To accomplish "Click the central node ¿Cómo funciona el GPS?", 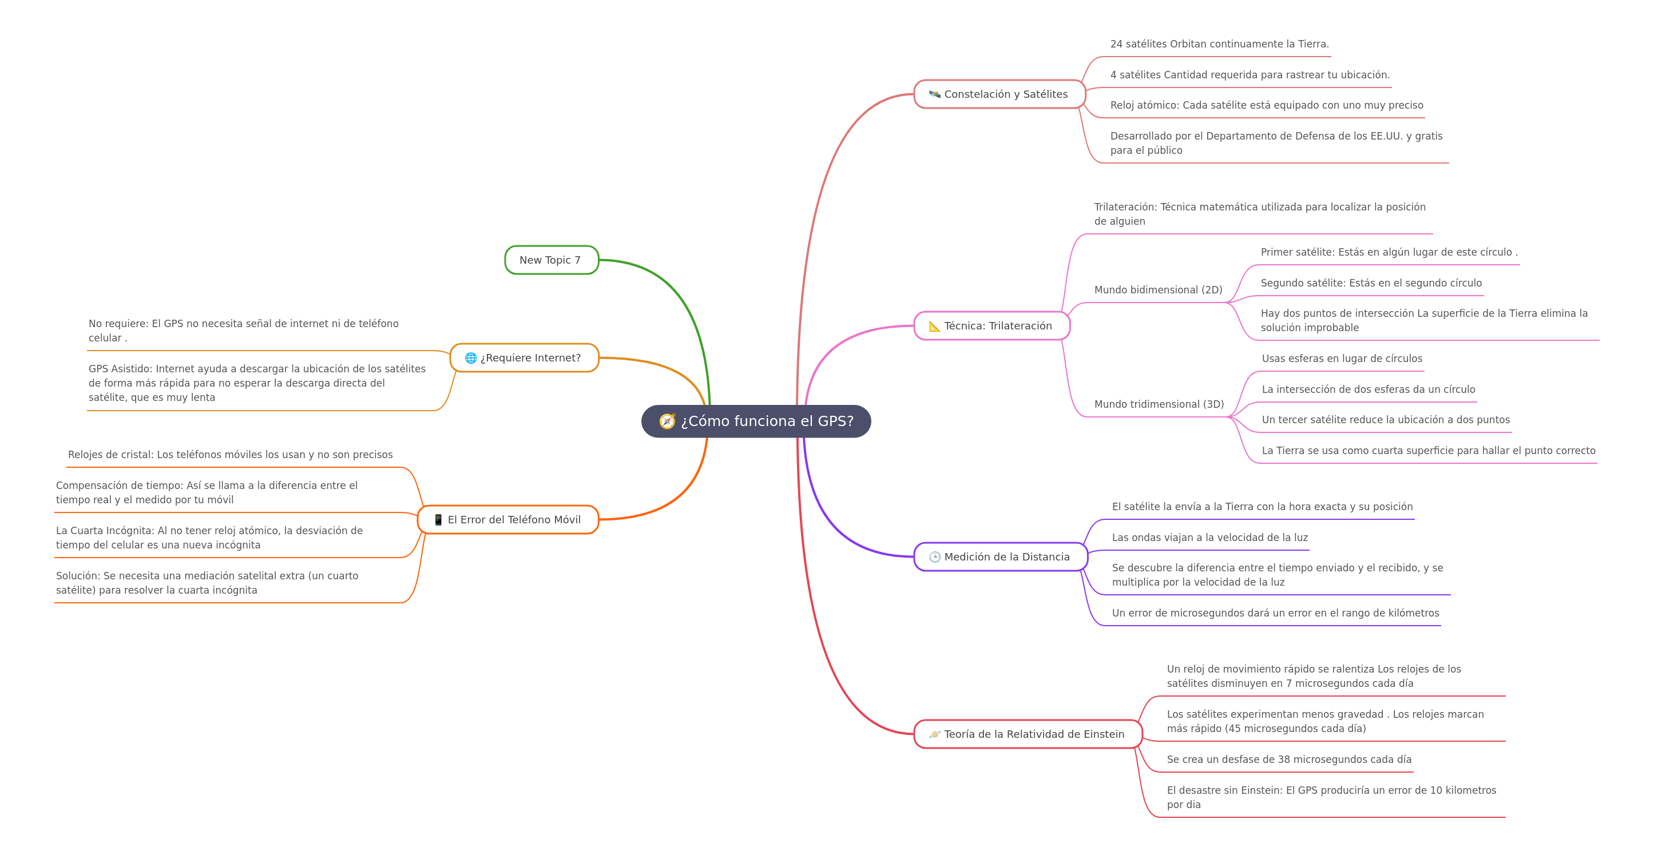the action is (756, 421).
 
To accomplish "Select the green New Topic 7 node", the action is (552, 260).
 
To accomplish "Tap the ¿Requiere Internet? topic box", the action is (525, 357).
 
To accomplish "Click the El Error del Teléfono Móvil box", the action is (508, 519).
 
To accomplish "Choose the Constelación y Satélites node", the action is (999, 94).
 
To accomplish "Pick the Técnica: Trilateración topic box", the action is (992, 325).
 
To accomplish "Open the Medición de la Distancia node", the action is (1001, 556).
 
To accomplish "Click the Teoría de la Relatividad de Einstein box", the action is (1028, 734).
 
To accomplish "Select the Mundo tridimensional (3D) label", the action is (1159, 404).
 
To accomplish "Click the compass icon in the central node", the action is (667, 421).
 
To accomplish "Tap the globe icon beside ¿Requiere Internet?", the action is (471, 357).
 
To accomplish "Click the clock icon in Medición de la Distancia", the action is (935, 556).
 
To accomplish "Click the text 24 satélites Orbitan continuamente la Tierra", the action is (1219, 43).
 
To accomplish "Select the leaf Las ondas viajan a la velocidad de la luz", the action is (1209, 538).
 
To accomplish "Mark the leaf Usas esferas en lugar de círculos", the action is (1342, 358).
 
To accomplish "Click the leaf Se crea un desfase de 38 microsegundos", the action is (1288, 759).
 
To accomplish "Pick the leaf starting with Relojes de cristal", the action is (230, 455).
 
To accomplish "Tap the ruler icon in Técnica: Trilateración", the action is (935, 325).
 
